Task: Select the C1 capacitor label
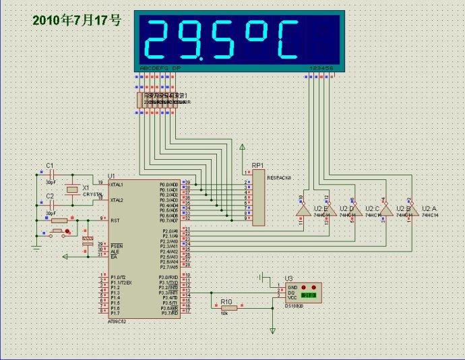pos(49,165)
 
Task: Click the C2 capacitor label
pos(49,196)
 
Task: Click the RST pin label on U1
pos(115,219)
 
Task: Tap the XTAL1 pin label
pos(117,184)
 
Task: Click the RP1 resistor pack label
pos(257,165)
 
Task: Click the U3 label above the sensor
pos(288,278)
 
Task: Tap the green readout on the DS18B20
pos(309,295)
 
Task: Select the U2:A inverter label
pos(429,208)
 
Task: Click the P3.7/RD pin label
pos(168,313)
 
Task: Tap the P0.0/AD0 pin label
pos(168,184)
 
